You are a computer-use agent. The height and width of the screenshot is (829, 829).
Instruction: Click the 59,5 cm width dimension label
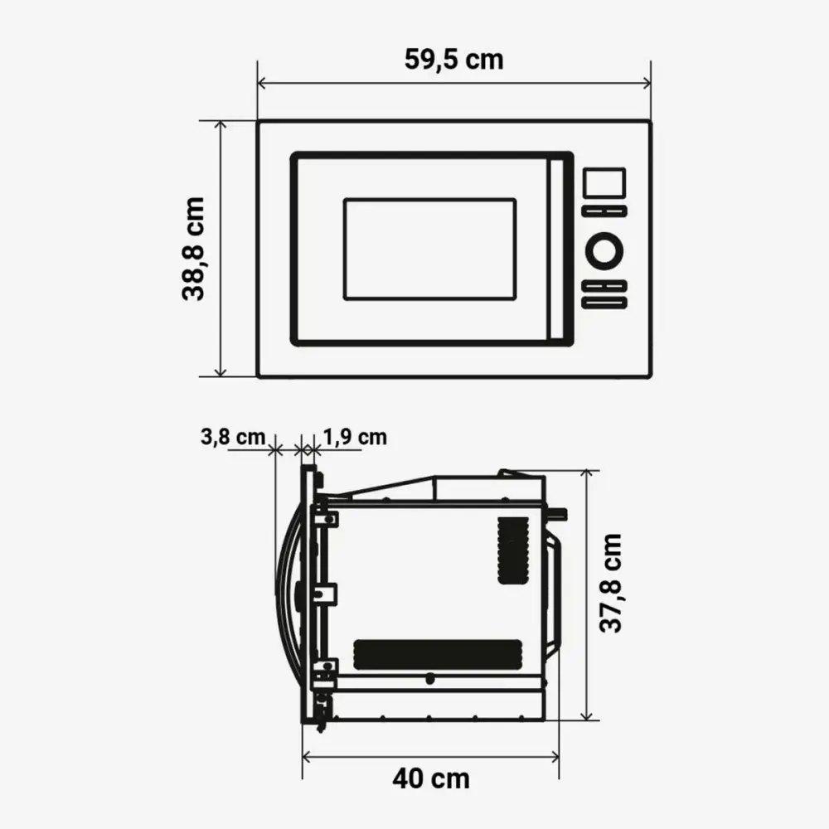[453, 60]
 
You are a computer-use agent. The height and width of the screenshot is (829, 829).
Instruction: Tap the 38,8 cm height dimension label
[194, 249]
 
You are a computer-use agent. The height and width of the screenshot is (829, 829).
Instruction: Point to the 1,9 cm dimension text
[355, 436]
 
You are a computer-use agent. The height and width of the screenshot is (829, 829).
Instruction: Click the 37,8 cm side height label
[611, 583]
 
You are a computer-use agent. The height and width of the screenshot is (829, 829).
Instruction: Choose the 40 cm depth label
[430, 778]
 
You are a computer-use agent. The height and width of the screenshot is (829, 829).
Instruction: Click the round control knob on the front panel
[604, 250]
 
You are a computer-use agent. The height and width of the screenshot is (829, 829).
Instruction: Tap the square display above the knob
[604, 183]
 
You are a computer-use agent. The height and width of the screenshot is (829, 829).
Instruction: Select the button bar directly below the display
[604, 211]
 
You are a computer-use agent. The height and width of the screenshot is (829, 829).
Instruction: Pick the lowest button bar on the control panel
[604, 303]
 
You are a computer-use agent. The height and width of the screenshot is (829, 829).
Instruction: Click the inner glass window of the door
[429, 249]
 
